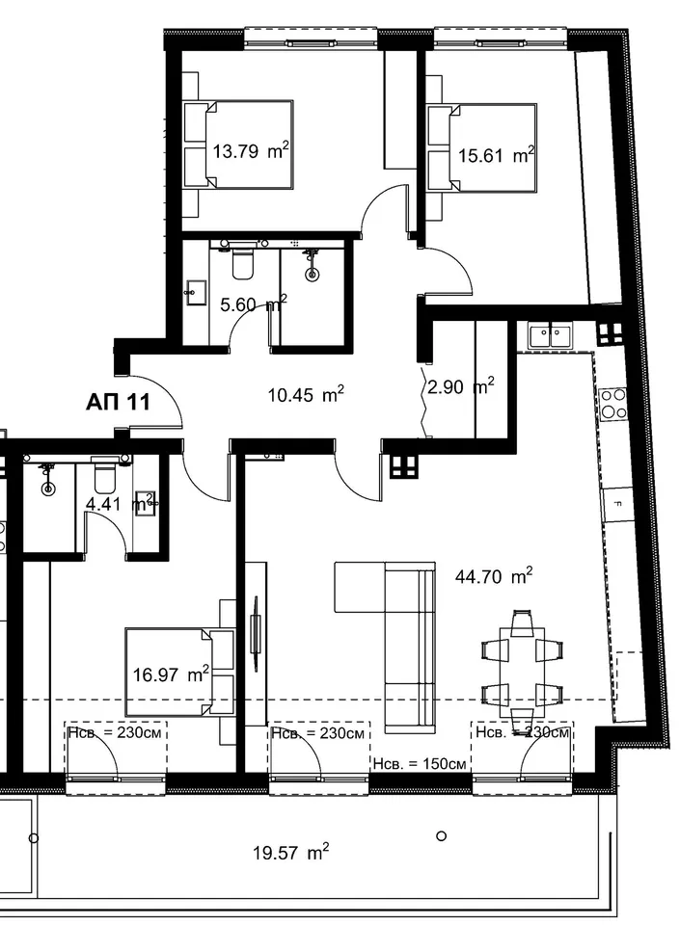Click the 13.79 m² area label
tap(251, 151)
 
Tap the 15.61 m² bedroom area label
tap(497, 155)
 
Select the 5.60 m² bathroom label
tap(254, 304)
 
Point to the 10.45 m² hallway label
tap(306, 394)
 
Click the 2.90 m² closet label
tap(461, 387)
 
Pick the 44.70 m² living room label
tap(494, 576)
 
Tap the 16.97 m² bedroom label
tap(171, 674)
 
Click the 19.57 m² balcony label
tap(291, 853)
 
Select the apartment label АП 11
tap(118, 403)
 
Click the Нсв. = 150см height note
tap(420, 763)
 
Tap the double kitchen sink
tap(550, 336)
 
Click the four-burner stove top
tap(613, 404)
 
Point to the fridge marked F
tap(618, 504)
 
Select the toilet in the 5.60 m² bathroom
tap(242, 263)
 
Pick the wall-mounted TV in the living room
tap(256, 633)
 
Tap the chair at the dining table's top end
tap(522, 623)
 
